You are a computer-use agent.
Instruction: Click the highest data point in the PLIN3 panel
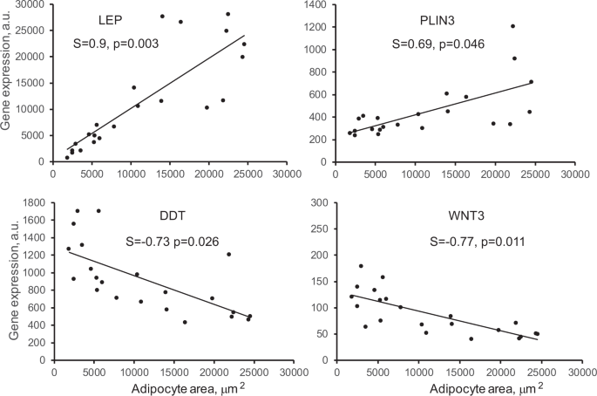click(512, 26)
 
